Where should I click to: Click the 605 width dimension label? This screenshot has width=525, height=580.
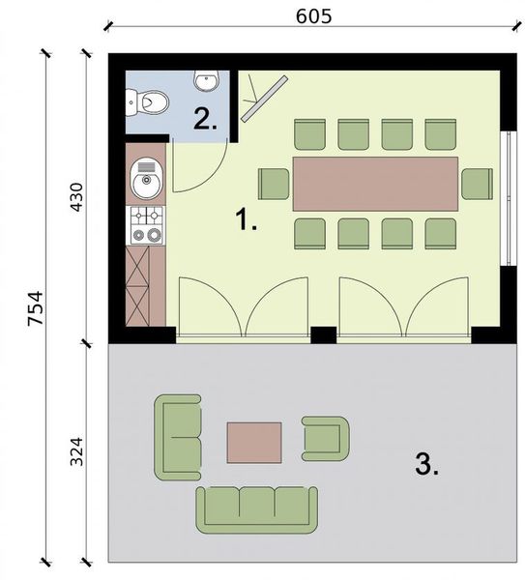click(x=309, y=14)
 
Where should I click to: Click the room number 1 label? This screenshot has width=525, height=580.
click(x=247, y=220)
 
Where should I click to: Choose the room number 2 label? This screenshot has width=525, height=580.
click(x=204, y=119)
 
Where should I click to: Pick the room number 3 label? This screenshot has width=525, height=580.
click(x=426, y=465)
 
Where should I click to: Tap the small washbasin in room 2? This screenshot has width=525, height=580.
click(x=206, y=78)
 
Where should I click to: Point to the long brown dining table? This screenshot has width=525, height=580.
click(x=376, y=184)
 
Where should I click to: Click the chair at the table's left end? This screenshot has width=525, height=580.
click(x=274, y=183)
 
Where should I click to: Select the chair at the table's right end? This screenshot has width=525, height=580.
click(x=477, y=183)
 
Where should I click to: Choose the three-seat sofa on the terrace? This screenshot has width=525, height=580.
click(x=257, y=507)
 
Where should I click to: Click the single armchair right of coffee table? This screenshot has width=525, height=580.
click(x=324, y=439)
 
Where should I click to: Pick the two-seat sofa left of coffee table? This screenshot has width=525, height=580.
click(x=178, y=436)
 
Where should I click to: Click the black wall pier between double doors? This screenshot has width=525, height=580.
click(x=323, y=335)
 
